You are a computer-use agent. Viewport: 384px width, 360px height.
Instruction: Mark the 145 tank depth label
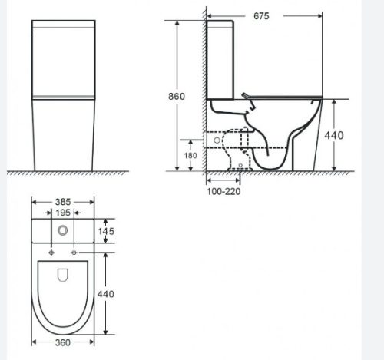[107, 230]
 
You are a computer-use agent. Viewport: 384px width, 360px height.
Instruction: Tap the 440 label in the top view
[106, 293]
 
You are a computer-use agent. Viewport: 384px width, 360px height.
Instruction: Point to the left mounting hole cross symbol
[50, 252]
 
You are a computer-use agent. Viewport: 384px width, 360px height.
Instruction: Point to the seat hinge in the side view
[246, 96]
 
